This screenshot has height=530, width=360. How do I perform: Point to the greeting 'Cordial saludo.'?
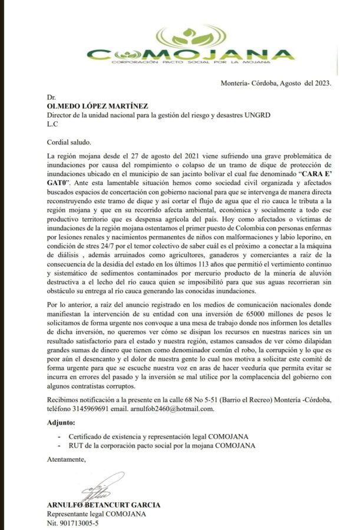click(x=69, y=142)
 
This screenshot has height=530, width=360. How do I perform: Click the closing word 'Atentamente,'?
click(x=66, y=459)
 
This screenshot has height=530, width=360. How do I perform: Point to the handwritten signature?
click(x=97, y=485)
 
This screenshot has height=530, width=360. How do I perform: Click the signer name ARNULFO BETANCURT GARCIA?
click(x=103, y=505)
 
